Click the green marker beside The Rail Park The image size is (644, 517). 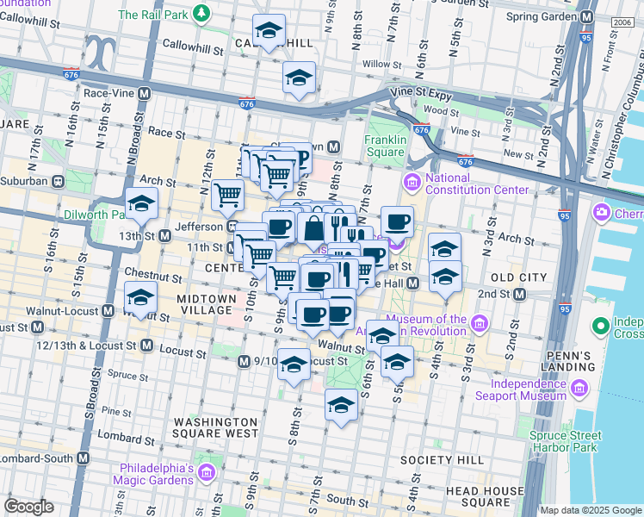201,14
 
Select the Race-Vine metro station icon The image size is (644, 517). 144,92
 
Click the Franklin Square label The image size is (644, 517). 384,146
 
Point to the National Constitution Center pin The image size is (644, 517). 412,182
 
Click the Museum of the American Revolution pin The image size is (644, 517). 480,325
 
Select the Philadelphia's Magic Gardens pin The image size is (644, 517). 206,472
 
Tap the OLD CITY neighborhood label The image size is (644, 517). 518,277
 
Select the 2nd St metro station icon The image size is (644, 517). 520,294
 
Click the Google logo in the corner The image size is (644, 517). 28,507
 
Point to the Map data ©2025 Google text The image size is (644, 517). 591,510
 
